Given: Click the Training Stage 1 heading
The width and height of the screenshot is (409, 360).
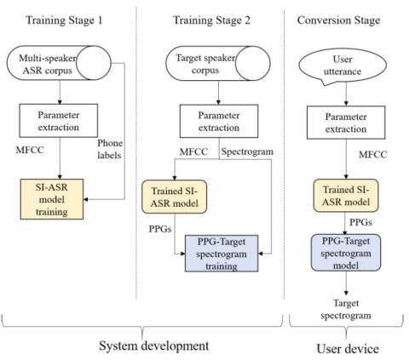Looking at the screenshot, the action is [x=64, y=20].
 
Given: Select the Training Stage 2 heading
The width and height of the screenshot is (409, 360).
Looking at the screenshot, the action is [x=211, y=20].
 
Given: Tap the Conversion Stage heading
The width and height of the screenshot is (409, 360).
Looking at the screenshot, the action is [x=338, y=20].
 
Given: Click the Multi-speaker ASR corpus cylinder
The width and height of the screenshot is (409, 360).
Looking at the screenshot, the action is [x=59, y=63].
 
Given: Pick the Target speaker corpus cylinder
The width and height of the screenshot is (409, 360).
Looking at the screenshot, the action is [x=218, y=63].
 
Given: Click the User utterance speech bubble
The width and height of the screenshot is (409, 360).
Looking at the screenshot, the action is [x=343, y=66].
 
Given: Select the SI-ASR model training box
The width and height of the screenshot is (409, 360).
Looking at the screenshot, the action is [x=52, y=199].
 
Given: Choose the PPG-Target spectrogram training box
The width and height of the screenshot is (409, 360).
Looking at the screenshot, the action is [x=222, y=254].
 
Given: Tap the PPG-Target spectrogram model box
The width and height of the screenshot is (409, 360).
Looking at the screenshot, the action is [x=346, y=253].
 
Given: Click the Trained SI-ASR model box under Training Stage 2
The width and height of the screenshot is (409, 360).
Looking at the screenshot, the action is [x=175, y=197].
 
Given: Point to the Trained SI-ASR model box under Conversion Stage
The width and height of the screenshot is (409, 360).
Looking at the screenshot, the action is [x=346, y=196].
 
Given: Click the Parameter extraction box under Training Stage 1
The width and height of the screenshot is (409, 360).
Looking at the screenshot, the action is [x=59, y=121].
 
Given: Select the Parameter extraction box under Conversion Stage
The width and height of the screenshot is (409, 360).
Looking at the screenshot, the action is [x=346, y=123].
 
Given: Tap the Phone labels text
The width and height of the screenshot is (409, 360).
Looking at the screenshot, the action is [x=110, y=149].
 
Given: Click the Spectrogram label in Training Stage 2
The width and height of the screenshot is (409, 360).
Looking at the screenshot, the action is [x=247, y=151].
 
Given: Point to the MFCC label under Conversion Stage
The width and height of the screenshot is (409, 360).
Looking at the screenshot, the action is [x=372, y=155].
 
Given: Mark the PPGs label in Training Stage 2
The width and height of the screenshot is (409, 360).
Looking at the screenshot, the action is [x=160, y=229].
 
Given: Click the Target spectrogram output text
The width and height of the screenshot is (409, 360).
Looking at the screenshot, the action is [x=346, y=309].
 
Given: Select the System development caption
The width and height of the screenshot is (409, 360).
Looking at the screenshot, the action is [x=153, y=346].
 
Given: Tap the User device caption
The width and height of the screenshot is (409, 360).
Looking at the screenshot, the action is [x=348, y=349].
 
